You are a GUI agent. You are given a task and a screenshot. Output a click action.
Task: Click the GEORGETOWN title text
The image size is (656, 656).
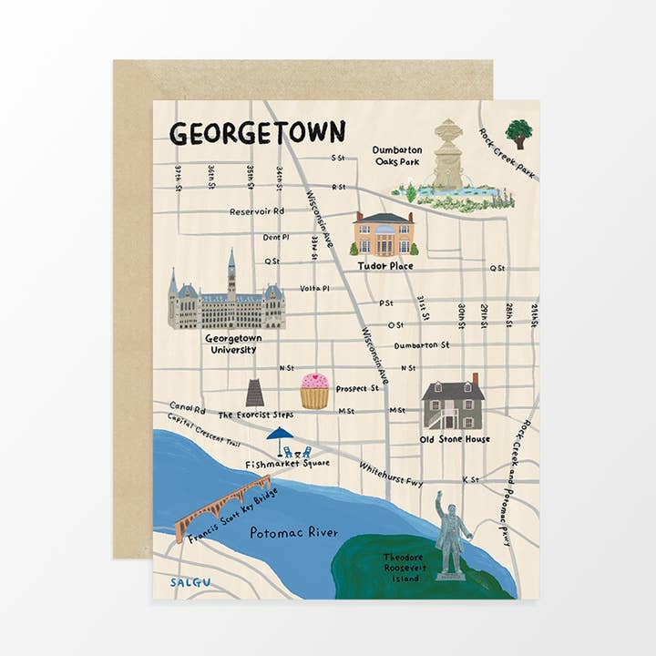click(x=257, y=133)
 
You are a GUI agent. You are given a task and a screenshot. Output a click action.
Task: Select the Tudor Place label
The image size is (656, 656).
click(x=384, y=266)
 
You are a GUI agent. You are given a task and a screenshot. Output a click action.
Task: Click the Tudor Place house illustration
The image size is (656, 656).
click(x=384, y=235)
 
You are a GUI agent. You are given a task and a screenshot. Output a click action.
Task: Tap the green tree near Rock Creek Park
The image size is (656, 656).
click(x=518, y=133)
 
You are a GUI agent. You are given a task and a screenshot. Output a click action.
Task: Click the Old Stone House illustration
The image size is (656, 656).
click(x=453, y=404)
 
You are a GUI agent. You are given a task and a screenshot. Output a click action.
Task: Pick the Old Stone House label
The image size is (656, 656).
click(x=455, y=439)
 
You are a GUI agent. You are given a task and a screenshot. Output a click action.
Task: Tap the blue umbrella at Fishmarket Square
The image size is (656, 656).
click(x=280, y=436)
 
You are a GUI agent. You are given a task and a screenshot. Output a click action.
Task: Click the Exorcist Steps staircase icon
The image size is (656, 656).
click(x=255, y=393)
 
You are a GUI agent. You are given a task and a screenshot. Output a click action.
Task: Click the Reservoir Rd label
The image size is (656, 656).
click(x=257, y=211)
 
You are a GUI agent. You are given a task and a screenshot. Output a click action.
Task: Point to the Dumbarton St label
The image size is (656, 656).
click(x=422, y=345)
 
